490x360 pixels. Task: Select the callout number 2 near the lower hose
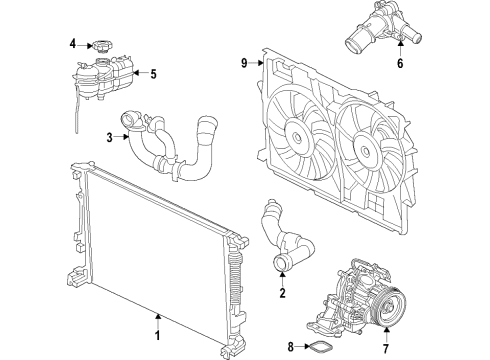283,294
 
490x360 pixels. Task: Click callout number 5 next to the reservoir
154,73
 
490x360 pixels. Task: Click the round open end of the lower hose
281,263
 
